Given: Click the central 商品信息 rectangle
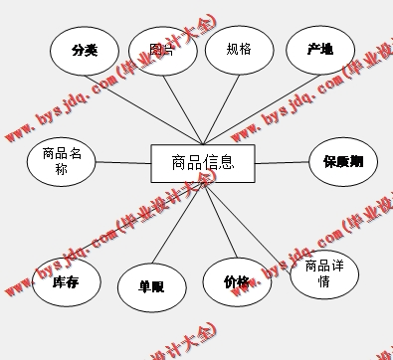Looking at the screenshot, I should [x=203, y=162].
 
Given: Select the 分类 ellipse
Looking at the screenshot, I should [x=84, y=50].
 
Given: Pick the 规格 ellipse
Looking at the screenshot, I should [x=239, y=48].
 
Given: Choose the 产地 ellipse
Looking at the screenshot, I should [x=320, y=49].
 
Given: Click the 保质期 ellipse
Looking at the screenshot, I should [x=342, y=160].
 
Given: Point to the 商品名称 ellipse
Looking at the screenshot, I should [x=62, y=160].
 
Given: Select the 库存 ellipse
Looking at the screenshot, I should [x=66, y=282].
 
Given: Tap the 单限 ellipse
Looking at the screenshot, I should [x=151, y=285].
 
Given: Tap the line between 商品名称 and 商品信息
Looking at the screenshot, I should [x=122, y=162].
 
